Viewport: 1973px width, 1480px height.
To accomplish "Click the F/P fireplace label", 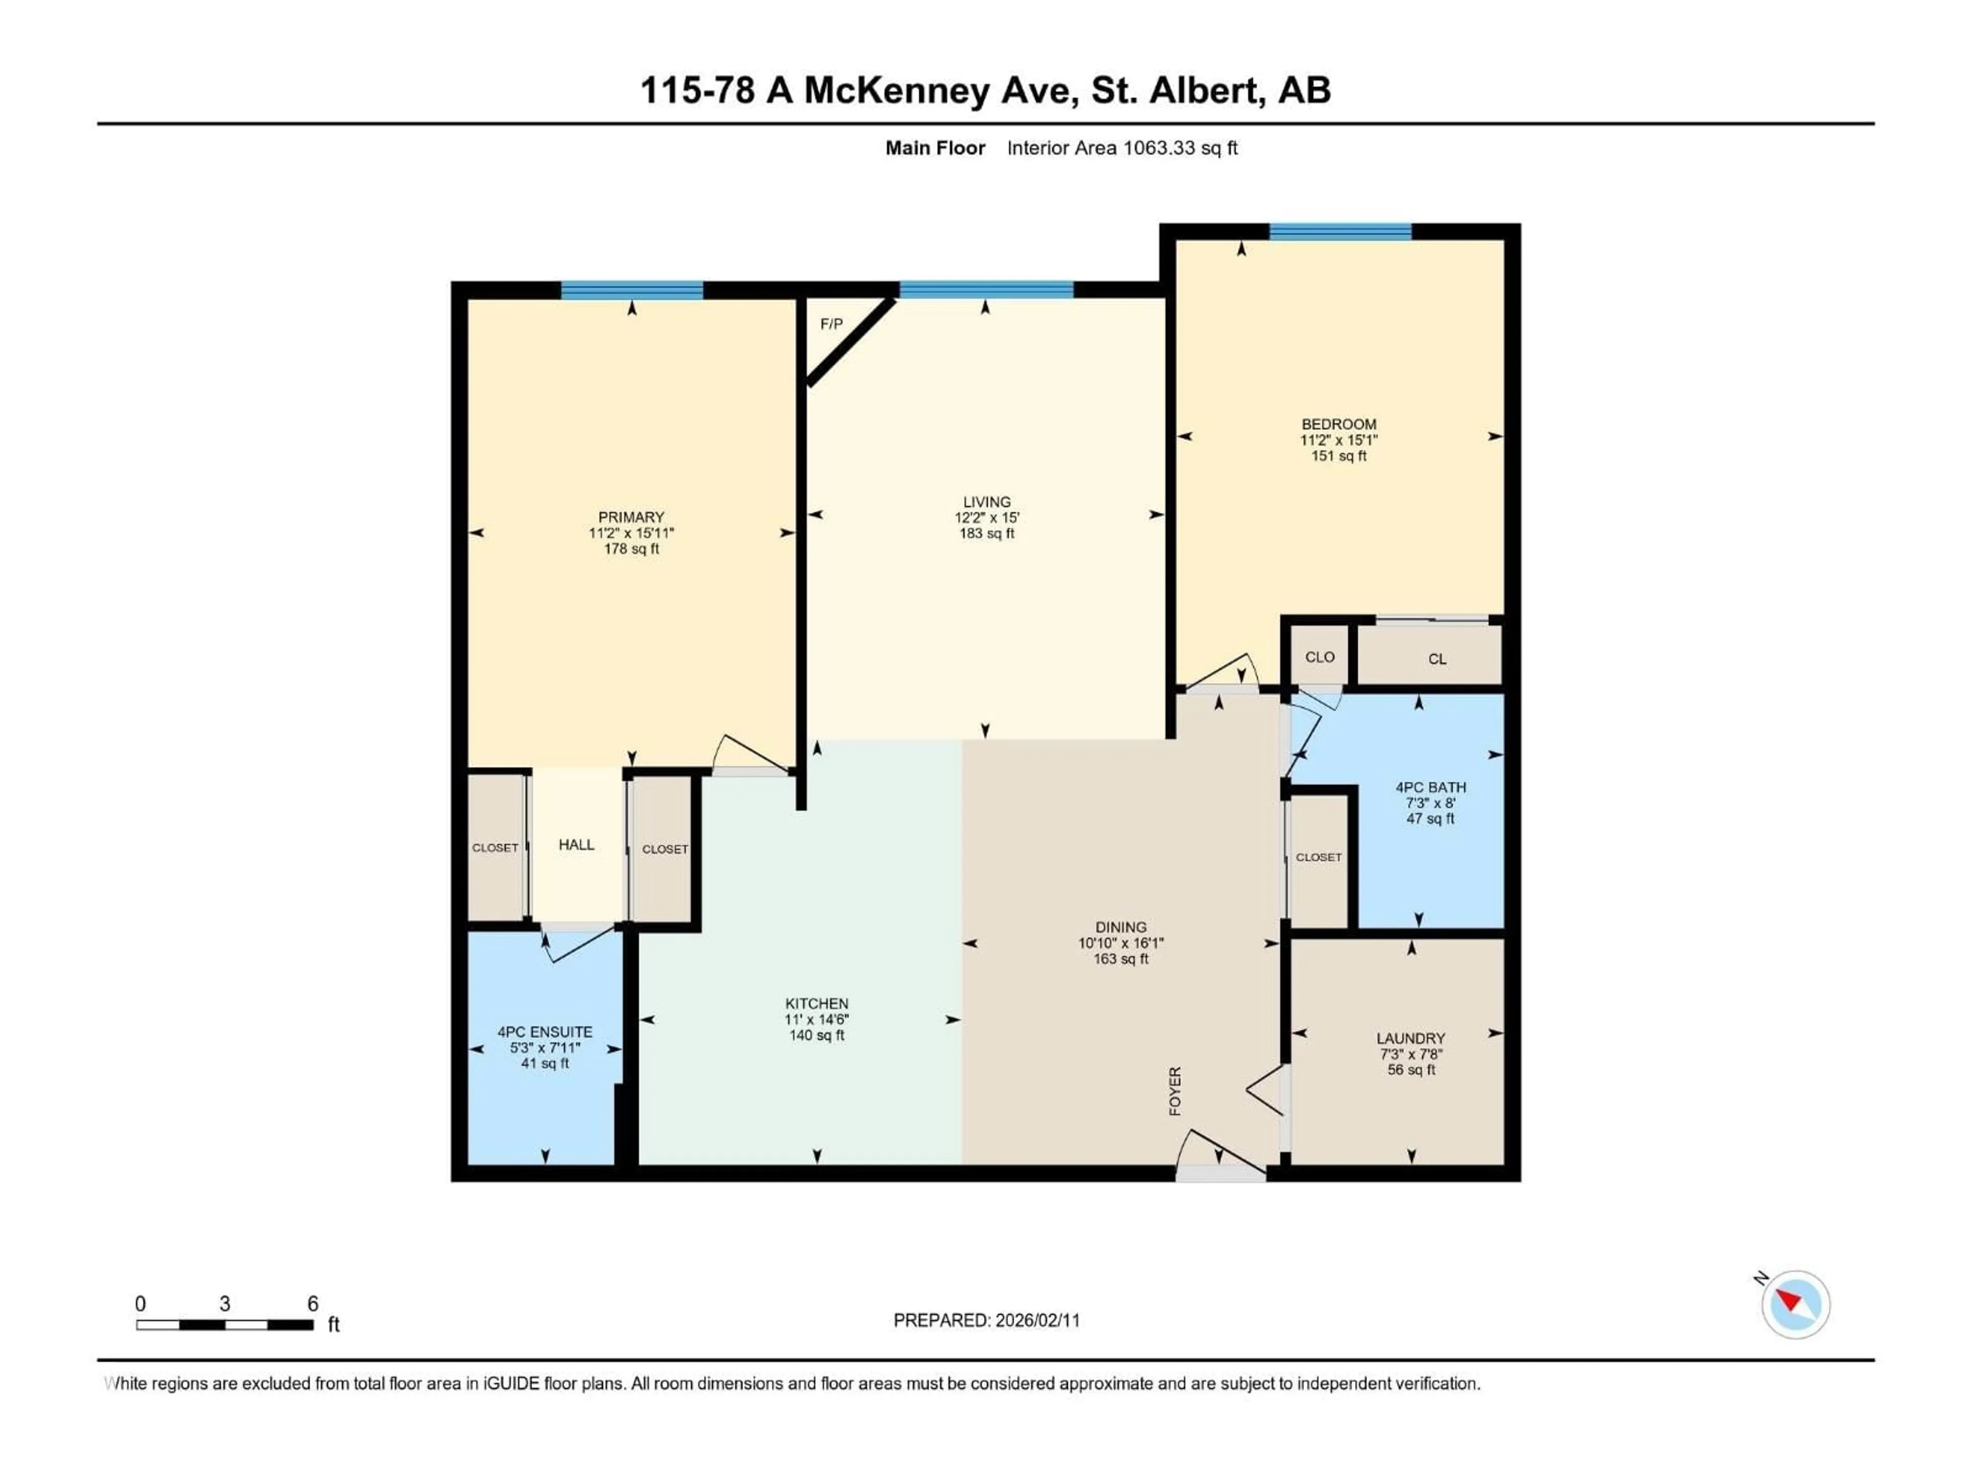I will [830, 324].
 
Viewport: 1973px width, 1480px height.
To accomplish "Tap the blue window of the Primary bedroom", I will [631, 290].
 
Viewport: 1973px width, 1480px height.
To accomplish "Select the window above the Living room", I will [985, 289].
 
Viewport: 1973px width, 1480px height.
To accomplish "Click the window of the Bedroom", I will [1339, 232].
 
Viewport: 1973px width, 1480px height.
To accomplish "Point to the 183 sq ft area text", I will [986, 533].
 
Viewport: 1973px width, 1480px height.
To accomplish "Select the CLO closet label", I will [1319, 657].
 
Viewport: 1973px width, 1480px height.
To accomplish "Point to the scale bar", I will [225, 1325].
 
